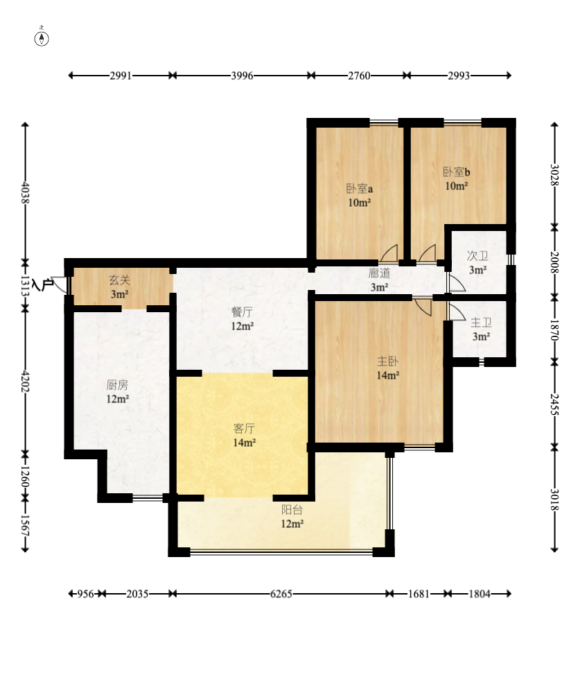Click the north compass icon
click(42, 38)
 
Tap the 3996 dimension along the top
click(242, 76)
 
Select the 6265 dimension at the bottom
click(281, 594)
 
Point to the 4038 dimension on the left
click(26, 192)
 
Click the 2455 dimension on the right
click(554, 404)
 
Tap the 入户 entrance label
click(42, 284)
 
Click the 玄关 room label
click(119, 280)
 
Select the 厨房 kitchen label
click(117, 384)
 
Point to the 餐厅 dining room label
click(242, 311)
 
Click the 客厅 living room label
click(244, 428)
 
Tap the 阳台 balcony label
click(292, 510)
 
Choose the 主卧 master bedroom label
click(387, 361)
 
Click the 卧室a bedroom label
click(360, 189)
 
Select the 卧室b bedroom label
click(456, 172)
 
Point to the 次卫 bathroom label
click(477, 256)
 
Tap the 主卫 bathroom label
click(481, 323)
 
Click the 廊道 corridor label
click(379, 273)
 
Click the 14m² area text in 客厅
click(244, 443)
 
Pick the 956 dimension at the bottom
click(85, 594)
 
